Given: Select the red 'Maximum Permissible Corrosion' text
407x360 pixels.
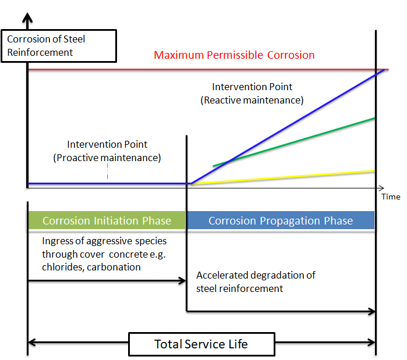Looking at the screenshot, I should pyautogui.click(x=234, y=55).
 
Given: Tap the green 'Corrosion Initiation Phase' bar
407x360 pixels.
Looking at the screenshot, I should pyautogui.click(x=107, y=220).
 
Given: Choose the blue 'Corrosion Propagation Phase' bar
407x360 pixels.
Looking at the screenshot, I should pyautogui.click(x=280, y=220).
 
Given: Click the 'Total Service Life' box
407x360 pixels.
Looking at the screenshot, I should pyautogui.click(x=201, y=344).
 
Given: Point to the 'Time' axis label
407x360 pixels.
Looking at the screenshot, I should pyautogui.click(x=391, y=197).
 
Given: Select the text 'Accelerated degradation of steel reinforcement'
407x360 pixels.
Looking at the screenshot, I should pyautogui.click(x=256, y=281).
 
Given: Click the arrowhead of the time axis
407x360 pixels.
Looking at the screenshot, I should pyautogui.click(x=381, y=188).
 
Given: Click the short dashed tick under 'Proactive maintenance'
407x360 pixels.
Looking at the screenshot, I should pyautogui.click(x=108, y=173).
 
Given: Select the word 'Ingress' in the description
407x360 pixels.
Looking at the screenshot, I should pyautogui.click(x=58, y=241).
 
